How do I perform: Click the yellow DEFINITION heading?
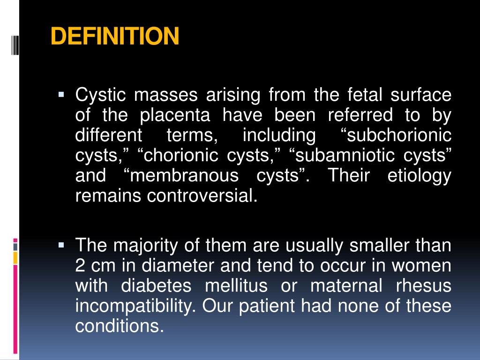coord(115,37)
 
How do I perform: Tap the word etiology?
coord(420,176)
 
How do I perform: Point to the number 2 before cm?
coord(80,266)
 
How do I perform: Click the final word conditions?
coord(119,326)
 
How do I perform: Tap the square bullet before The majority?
coord(61,245)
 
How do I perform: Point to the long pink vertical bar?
coord(15,309)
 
